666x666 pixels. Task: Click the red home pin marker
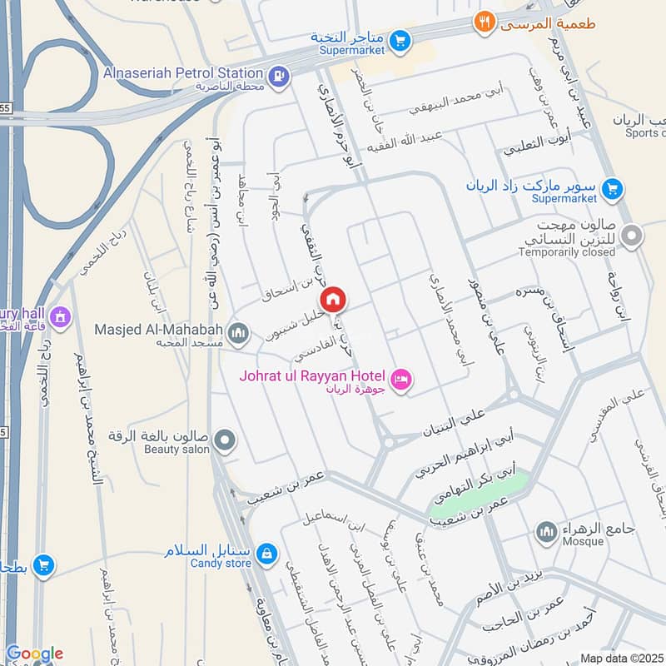(x=333, y=299)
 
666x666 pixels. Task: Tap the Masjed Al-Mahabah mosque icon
(x=239, y=333)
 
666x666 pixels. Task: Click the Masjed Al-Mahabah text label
(x=162, y=329)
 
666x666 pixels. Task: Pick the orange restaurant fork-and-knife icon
(x=485, y=22)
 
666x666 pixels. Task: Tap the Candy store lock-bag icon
(x=266, y=553)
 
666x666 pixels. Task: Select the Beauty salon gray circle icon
(x=224, y=438)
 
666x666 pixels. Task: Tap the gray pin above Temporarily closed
(x=632, y=237)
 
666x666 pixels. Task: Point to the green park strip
(x=478, y=493)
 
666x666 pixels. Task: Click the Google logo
(x=34, y=654)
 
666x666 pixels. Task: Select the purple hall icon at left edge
(x=59, y=316)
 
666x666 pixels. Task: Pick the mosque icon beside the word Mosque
(x=546, y=530)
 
